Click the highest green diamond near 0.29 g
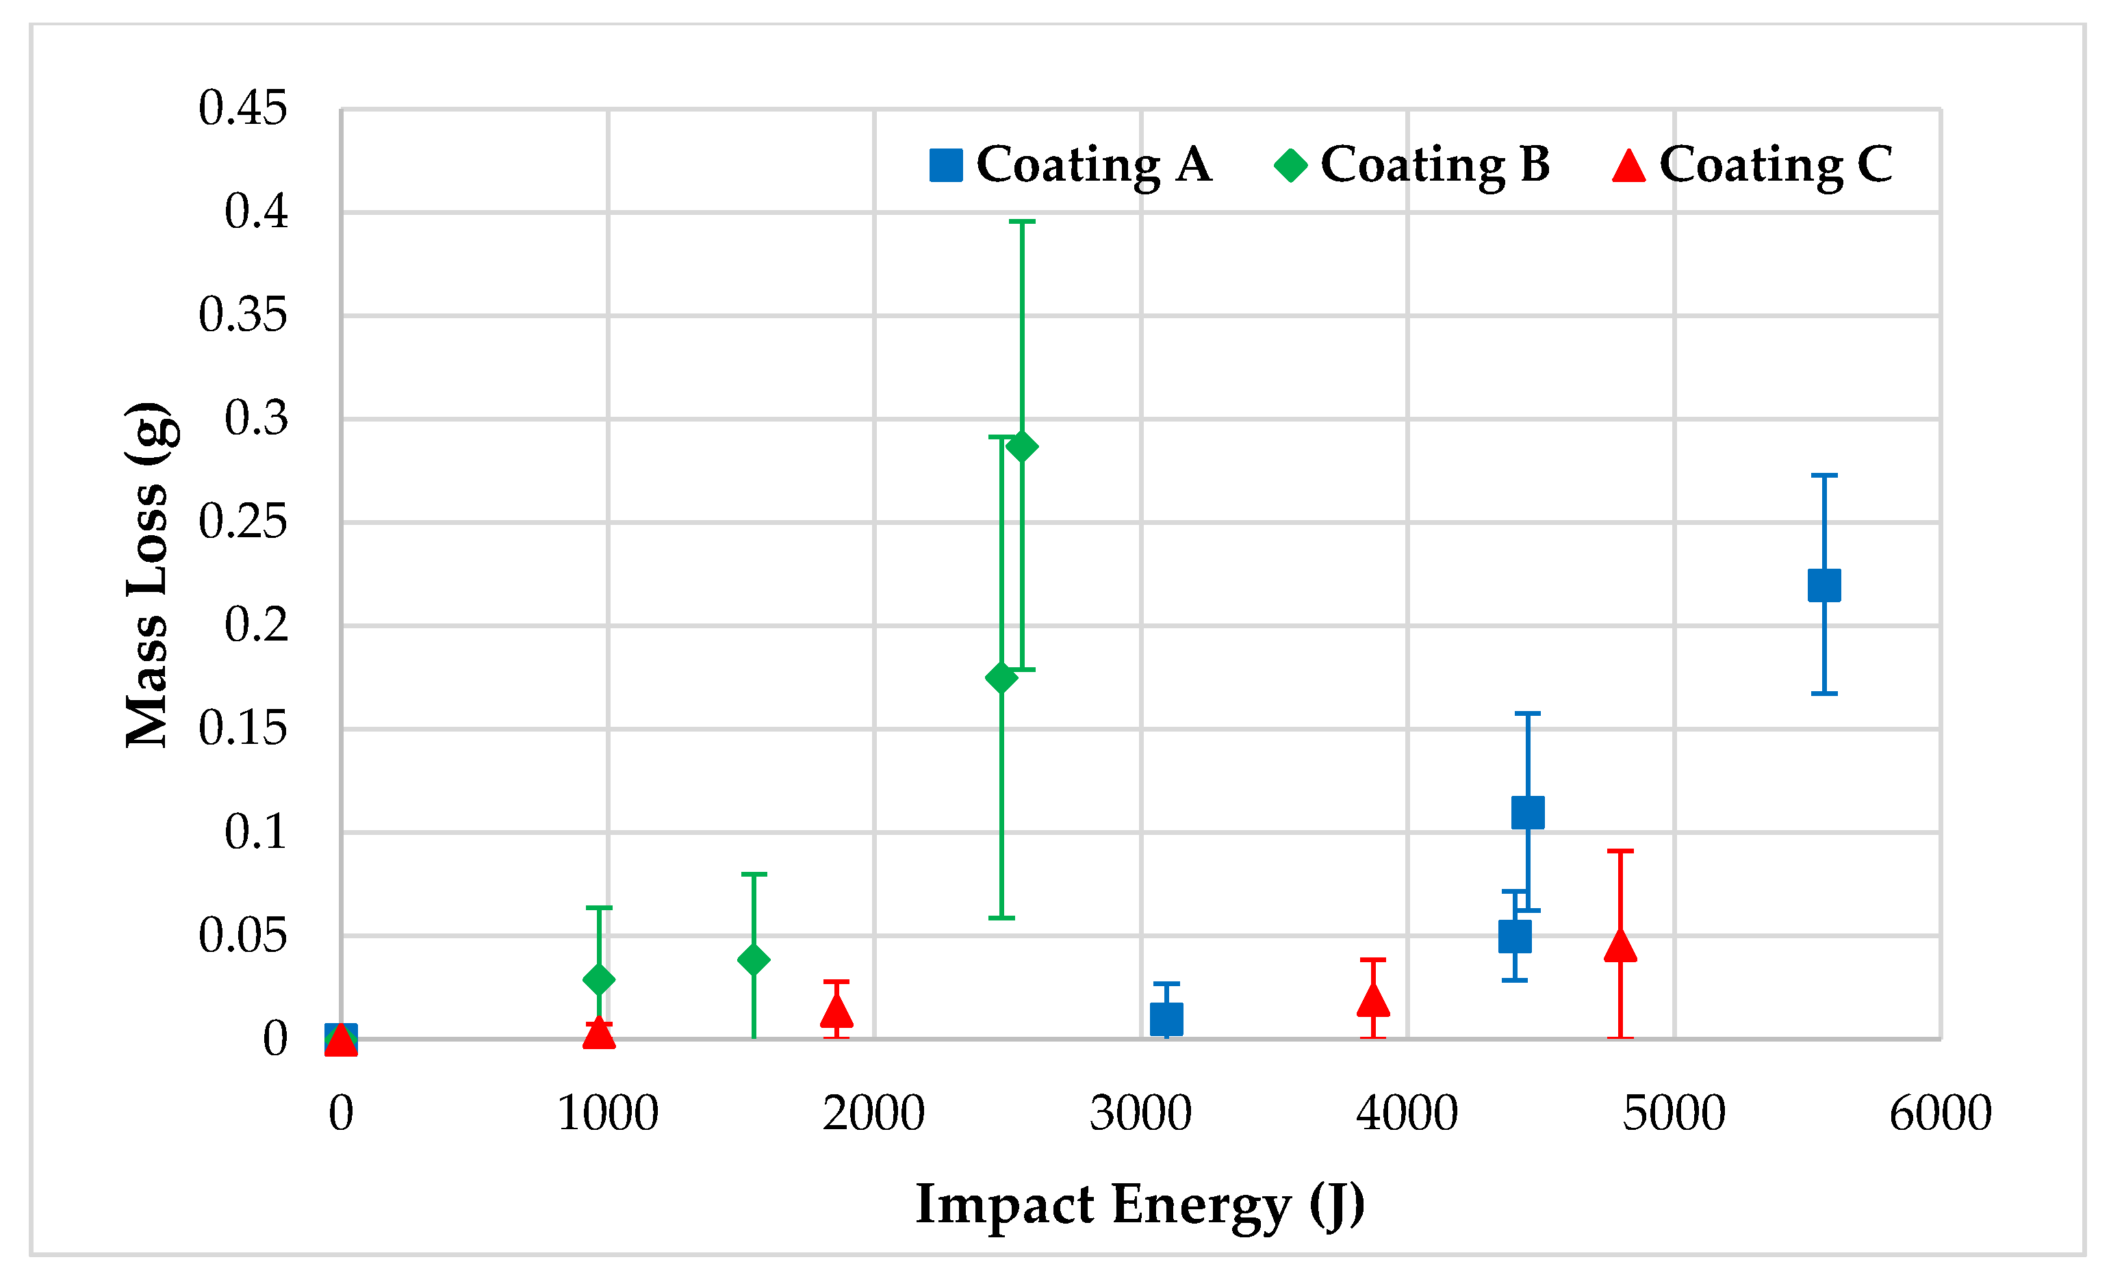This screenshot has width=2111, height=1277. pyautogui.click(x=1022, y=446)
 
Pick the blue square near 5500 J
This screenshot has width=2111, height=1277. pyautogui.click(x=1824, y=585)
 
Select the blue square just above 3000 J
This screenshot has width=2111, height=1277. pyautogui.click(x=1166, y=1019)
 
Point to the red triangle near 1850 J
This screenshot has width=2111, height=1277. pyautogui.click(x=836, y=1011)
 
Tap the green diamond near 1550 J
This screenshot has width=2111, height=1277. pyautogui.click(x=753, y=959)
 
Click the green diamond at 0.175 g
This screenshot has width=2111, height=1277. pyautogui.click(x=1001, y=678)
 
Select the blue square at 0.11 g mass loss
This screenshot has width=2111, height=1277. pyautogui.click(x=1528, y=812)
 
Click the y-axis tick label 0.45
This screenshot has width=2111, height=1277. pyautogui.click(x=242, y=109)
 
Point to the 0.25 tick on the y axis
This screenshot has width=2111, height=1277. pyautogui.click(x=242, y=521)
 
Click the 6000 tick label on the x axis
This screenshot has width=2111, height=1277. pyautogui.click(x=1940, y=1113)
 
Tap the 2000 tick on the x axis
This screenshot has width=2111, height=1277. pyautogui.click(x=874, y=1113)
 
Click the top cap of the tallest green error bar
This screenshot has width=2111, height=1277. pyautogui.click(x=1022, y=222)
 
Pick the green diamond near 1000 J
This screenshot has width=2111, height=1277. pyautogui.click(x=599, y=979)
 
